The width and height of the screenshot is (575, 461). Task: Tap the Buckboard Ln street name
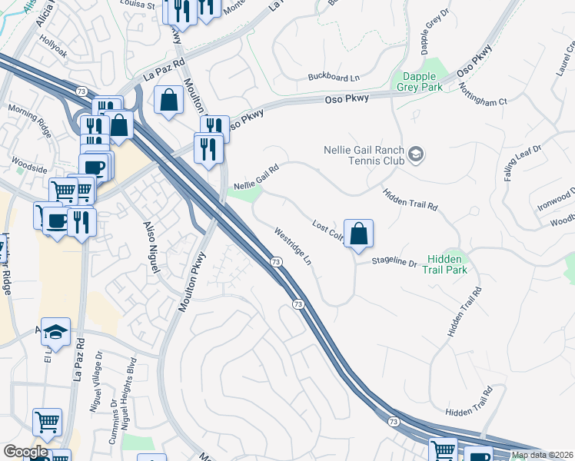point(334,77)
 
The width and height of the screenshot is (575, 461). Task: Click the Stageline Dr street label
point(394,263)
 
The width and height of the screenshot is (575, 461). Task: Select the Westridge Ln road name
point(293,246)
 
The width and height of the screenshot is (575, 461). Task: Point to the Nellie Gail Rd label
point(255,174)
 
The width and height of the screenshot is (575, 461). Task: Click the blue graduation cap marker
point(55,331)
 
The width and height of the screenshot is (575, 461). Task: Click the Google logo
point(25,452)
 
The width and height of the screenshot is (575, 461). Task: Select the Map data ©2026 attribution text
point(542,455)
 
